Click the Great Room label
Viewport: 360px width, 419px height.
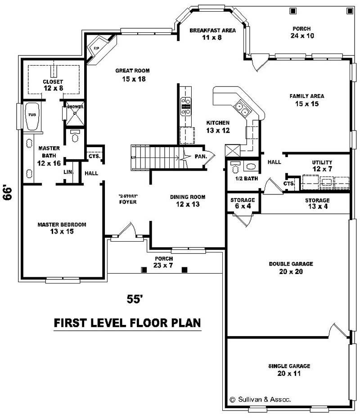tap(132, 75)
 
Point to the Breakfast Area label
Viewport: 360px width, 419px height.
tap(206, 34)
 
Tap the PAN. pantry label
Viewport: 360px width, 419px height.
tap(201, 156)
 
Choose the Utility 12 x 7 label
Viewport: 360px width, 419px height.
tap(322, 165)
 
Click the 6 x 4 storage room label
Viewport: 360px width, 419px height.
tap(243, 203)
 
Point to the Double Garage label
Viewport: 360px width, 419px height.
tap(291, 267)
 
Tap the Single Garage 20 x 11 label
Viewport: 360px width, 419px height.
tap(289, 369)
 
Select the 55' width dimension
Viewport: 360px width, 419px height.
tap(135, 299)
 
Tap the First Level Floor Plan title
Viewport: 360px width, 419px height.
tap(127, 323)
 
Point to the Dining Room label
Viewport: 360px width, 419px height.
tap(188, 200)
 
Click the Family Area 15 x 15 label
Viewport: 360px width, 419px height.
tap(307, 99)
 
